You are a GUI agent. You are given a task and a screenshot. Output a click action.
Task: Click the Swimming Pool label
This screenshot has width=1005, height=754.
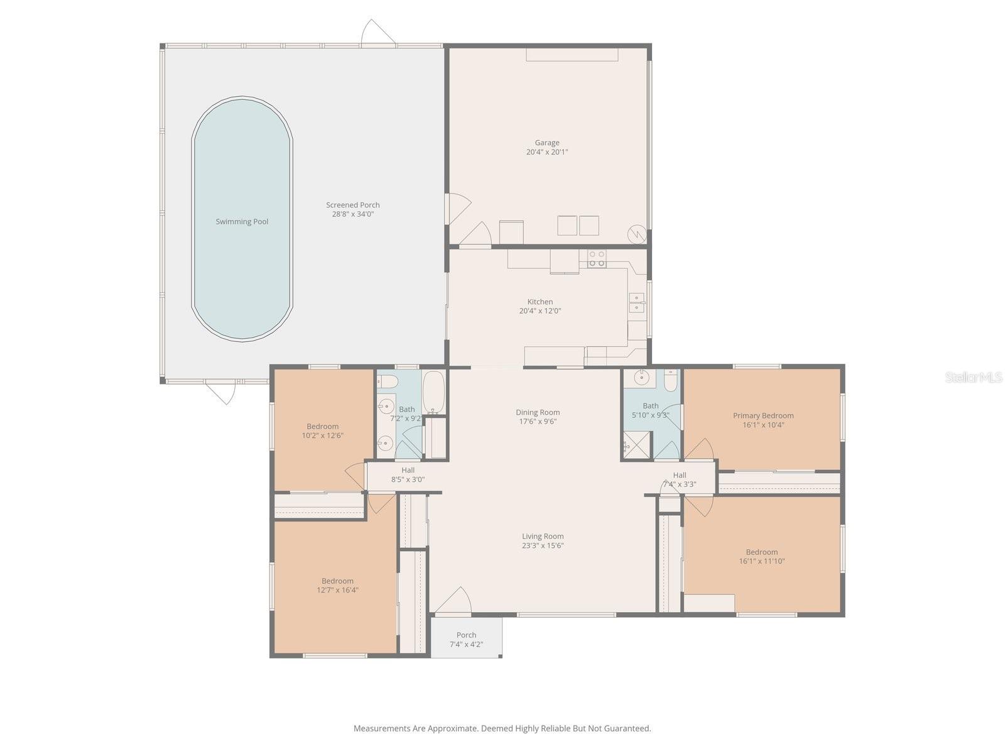(x=242, y=222)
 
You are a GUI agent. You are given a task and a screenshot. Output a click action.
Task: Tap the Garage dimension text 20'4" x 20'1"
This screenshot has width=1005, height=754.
(x=547, y=152)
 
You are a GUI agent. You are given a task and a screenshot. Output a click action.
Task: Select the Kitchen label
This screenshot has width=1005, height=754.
(x=540, y=302)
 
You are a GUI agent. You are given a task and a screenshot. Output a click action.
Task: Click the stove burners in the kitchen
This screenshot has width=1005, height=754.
(x=597, y=258)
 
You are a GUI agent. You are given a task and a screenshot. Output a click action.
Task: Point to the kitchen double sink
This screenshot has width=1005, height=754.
(x=637, y=303)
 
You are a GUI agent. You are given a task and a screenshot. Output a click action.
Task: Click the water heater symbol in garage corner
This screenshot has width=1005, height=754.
(x=638, y=234)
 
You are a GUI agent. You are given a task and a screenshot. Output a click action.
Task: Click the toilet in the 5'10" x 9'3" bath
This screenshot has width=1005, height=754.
(x=671, y=381)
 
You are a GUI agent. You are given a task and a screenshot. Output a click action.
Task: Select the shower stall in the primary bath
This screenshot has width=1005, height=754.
(x=636, y=445)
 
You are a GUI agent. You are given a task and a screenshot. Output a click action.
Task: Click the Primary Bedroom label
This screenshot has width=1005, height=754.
(x=763, y=415)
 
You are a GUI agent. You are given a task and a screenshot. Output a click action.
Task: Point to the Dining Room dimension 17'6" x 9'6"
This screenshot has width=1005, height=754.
(x=538, y=422)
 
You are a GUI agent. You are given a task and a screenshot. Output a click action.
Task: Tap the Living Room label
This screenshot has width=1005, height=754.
(x=543, y=536)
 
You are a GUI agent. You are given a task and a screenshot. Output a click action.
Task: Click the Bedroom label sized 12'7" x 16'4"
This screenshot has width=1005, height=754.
(x=337, y=581)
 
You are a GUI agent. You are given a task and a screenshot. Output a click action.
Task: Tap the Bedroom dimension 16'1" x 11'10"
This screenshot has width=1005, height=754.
(x=762, y=561)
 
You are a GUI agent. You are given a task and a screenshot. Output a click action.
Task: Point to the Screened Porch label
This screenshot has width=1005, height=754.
(x=353, y=205)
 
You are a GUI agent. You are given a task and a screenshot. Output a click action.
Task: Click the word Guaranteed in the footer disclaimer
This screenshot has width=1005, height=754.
(x=627, y=728)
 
